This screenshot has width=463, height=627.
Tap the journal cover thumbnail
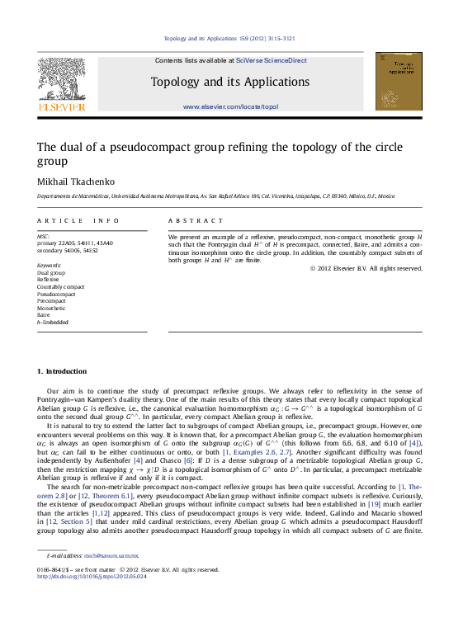point(398,81)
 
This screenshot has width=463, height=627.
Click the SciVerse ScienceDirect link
point(272,60)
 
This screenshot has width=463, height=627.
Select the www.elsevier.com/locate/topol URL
point(230,107)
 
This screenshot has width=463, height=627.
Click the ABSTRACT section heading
point(196,221)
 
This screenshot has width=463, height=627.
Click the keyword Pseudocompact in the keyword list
point(56,294)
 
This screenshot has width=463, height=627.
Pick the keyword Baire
point(44,314)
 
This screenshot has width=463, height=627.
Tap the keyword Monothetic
point(51,308)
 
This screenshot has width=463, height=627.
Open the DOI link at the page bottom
point(92,577)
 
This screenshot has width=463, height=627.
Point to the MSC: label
point(44,236)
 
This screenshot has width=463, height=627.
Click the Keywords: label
point(50,265)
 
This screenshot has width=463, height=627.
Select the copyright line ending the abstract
point(366,268)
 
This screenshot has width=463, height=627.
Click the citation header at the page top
point(231,38)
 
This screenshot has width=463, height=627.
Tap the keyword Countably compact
point(60,286)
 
